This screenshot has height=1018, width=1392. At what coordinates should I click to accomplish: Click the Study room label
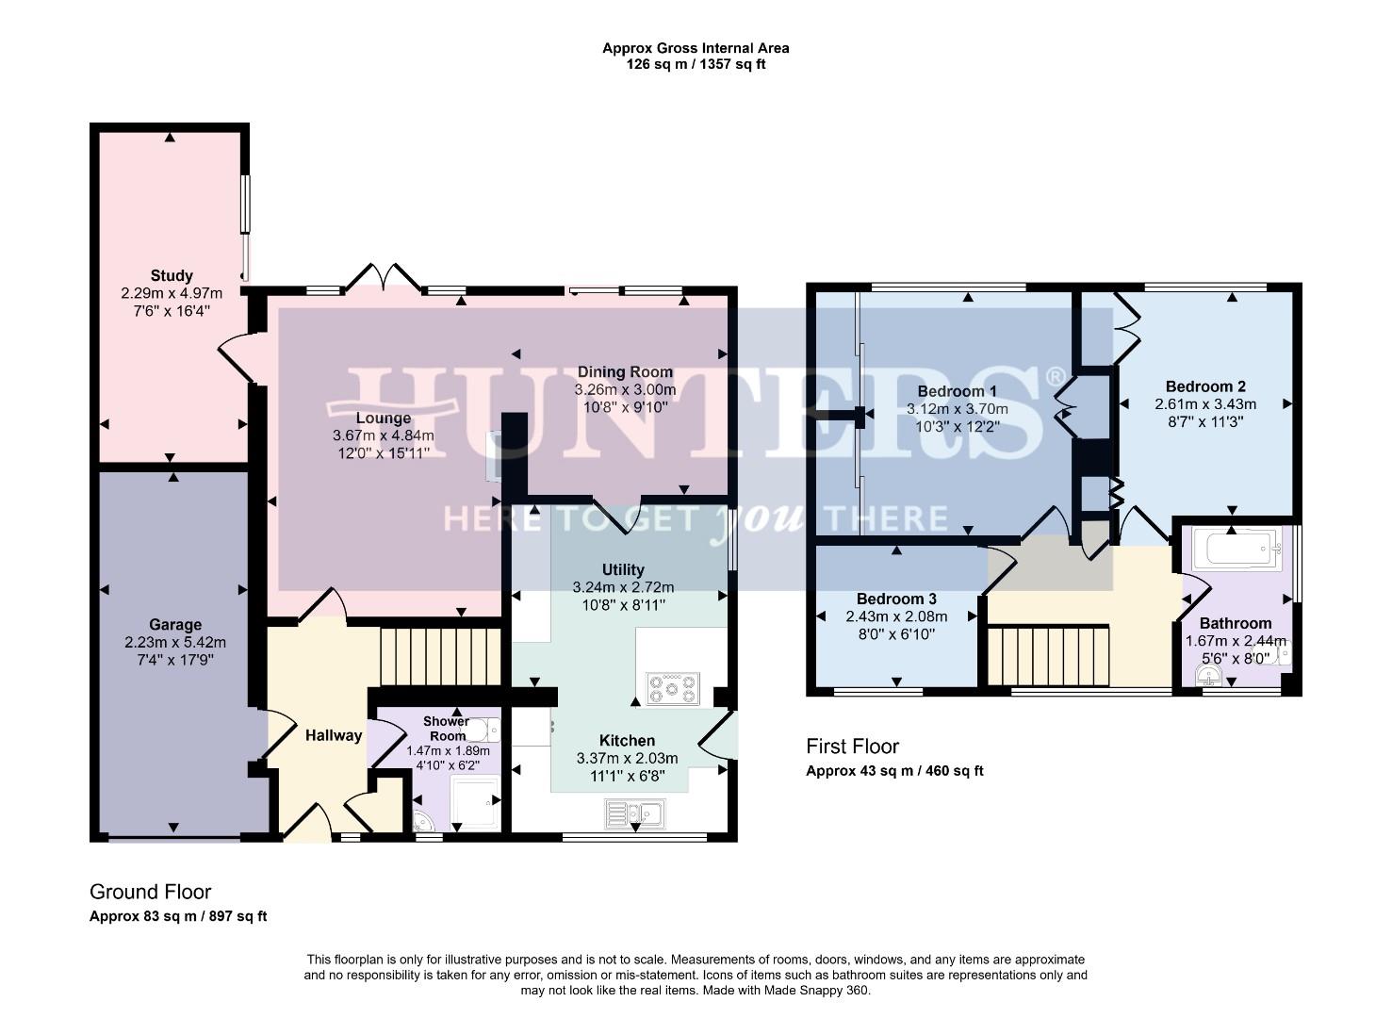pos(172,275)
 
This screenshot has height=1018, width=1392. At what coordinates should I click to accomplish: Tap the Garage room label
pos(175,624)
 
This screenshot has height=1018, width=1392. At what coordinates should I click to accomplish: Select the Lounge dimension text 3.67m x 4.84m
pos(383,435)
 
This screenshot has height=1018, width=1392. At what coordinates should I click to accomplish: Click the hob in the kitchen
pos(672,688)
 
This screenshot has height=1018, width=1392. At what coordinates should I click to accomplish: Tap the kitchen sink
pos(636,812)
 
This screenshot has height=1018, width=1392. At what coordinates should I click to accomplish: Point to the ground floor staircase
pos(439,657)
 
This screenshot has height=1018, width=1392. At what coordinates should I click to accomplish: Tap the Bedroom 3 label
pos(896,599)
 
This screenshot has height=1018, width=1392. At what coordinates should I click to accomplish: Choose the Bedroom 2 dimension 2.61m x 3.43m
pos(1205,403)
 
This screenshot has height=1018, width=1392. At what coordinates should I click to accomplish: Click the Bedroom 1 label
pos(957,390)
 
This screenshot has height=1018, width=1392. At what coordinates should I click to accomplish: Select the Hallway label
pos(334,735)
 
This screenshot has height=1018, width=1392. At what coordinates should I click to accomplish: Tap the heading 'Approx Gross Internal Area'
pos(696,48)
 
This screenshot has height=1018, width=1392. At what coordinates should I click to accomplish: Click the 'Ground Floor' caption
pos(150,892)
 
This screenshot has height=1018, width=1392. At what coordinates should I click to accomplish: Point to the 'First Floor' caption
pos(852,747)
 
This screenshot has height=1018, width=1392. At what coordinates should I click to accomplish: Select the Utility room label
pos(623,569)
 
